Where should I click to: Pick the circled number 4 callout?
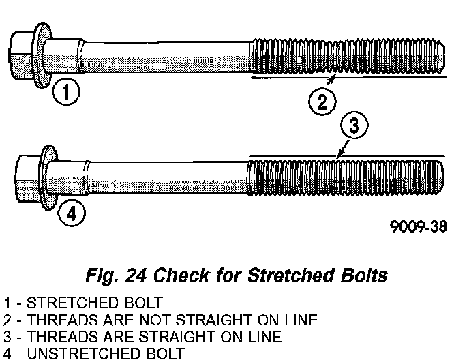tap(71, 213)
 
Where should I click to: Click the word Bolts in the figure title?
tap(361, 276)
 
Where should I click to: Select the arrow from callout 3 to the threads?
tap(344, 149)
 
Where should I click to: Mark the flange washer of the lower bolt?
tap(48, 177)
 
